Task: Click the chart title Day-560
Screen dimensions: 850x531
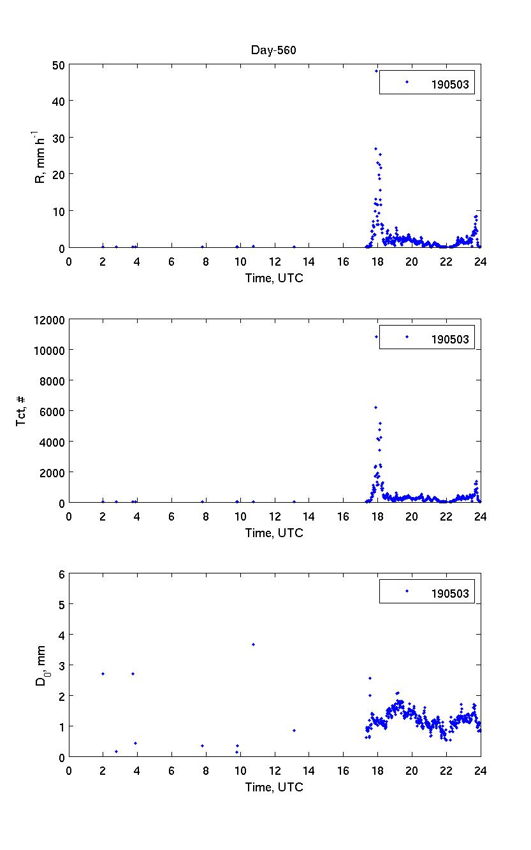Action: tap(274, 51)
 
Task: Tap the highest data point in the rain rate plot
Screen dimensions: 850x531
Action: tap(376, 71)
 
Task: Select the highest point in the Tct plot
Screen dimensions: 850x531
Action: tap(376, 336)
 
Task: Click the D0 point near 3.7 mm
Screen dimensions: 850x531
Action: tap(253, 644)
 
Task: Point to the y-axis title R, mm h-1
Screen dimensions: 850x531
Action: tap(40, 157)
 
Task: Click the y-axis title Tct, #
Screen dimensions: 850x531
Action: tap(22, 411)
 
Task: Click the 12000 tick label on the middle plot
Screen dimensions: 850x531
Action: tap(48, 320)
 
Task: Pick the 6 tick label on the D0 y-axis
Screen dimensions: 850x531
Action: tap(62, 573)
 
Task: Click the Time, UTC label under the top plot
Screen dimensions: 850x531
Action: tap(274, 278)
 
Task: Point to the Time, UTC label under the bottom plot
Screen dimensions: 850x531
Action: tap(274, 788)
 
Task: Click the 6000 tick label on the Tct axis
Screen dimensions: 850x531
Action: tap(51, 411)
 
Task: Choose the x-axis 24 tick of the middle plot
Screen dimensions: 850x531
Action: tap(481, 515)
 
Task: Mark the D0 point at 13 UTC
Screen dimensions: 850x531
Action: tap(294, 730)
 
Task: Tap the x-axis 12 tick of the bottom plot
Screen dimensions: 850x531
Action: tap(275, 770)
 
